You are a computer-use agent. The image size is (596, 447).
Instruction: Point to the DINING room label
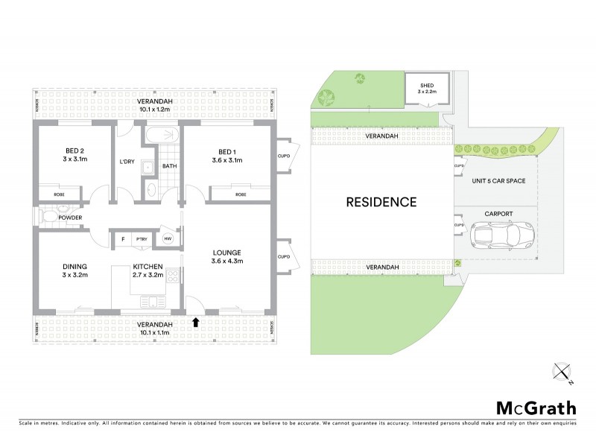(75, 266)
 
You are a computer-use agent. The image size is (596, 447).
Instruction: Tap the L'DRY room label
(126, 162)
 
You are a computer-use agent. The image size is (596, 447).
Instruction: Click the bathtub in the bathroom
(162, 135)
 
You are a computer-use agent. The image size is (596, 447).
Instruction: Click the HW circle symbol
(168, 239)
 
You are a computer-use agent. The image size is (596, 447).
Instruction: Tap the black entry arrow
(196, 322)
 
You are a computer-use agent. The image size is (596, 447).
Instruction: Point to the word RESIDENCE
(381, 202)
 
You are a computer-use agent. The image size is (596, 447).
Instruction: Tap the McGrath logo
(536, 408)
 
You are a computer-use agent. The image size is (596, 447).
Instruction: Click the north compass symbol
(564, 372)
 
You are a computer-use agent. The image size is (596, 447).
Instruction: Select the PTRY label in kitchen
(140, 239)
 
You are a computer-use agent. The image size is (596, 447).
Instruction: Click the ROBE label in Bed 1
(241, 194)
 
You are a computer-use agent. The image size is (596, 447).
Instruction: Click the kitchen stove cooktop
(173, 276)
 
